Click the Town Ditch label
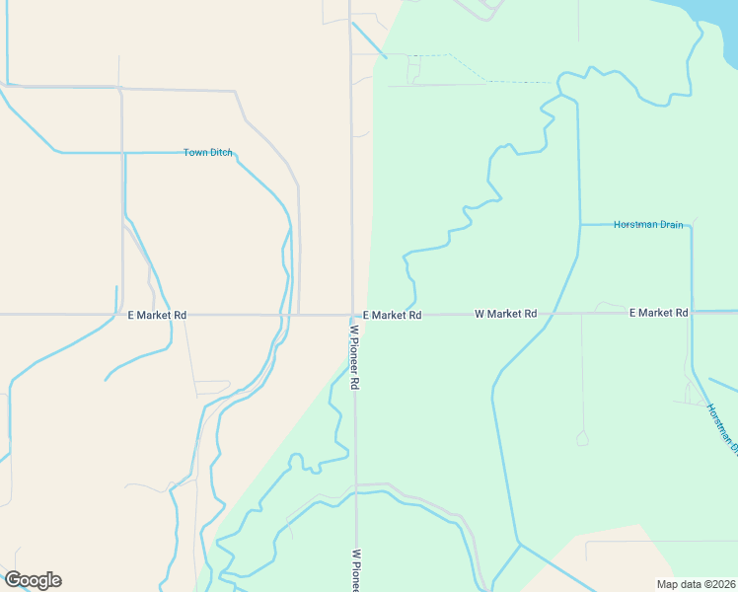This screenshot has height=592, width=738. [208, 152]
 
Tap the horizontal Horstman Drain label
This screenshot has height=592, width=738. [648, 225]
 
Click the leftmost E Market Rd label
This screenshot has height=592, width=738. [157, 315]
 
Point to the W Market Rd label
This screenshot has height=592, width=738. [505, 314]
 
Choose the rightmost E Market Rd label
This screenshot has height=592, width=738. [658, 313]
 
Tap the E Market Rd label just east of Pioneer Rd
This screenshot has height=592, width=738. [392, 315]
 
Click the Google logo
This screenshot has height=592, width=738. [33, 580]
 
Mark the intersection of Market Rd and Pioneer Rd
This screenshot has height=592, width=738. [353, 315]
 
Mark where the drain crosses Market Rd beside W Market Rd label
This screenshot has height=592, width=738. [554, 314]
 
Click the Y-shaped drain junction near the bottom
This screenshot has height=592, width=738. [519, 544]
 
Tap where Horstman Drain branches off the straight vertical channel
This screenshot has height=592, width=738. [578, 225]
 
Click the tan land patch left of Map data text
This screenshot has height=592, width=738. [612, 562]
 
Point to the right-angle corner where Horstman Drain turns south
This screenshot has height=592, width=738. [691, 226]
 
